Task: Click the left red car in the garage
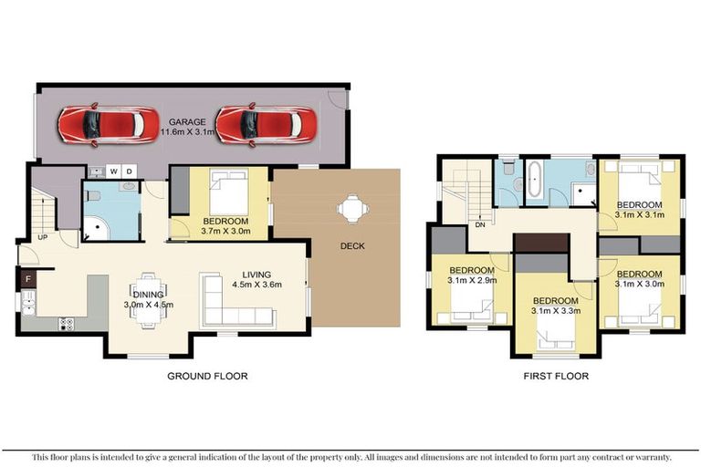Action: click(x=97, y=124)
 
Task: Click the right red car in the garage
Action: click(x=266, y=124)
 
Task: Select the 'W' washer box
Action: click(x=114, y=171)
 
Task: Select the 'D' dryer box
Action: click(x=129, y=171)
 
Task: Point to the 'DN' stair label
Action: click(x=479, y=224)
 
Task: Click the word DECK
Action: click(x=352, y=246)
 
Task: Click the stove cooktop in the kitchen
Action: click(x=67, y=322)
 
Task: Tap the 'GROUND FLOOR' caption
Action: click(x=207, y=376)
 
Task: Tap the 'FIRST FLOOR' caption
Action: click(x=557, y=376)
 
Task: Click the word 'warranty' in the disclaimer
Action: click(x=649, y=456)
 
